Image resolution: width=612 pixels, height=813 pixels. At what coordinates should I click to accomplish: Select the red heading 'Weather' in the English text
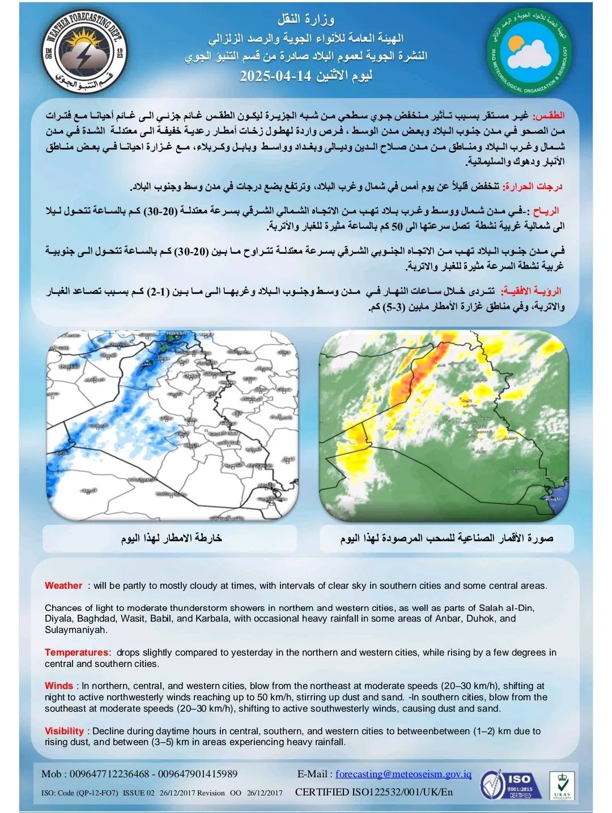[63, 586]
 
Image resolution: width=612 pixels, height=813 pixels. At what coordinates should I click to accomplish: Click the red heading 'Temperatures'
[76, 653]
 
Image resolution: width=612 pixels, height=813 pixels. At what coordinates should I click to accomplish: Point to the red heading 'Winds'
[59, 686]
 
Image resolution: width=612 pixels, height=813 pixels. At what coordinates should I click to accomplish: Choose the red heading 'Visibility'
[64, 731]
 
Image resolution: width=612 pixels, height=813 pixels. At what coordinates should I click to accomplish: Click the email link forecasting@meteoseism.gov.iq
[403, 774]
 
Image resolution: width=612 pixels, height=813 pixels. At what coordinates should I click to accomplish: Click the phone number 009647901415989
[197, 774]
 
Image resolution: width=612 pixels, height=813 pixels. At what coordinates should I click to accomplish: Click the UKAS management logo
[562, 785]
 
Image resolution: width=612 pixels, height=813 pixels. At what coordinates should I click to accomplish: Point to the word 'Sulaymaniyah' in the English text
[76, 630]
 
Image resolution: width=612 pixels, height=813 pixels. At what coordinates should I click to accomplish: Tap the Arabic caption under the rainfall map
[171, 538]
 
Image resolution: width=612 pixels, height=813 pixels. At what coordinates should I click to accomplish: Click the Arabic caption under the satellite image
[447, 538]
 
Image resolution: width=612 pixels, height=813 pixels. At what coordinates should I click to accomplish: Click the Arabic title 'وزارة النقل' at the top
[305, 20]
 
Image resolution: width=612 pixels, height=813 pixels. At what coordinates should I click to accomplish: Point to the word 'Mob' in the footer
[52, 774]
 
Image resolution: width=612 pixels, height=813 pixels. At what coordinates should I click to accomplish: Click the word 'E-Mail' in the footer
[312, 774]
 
